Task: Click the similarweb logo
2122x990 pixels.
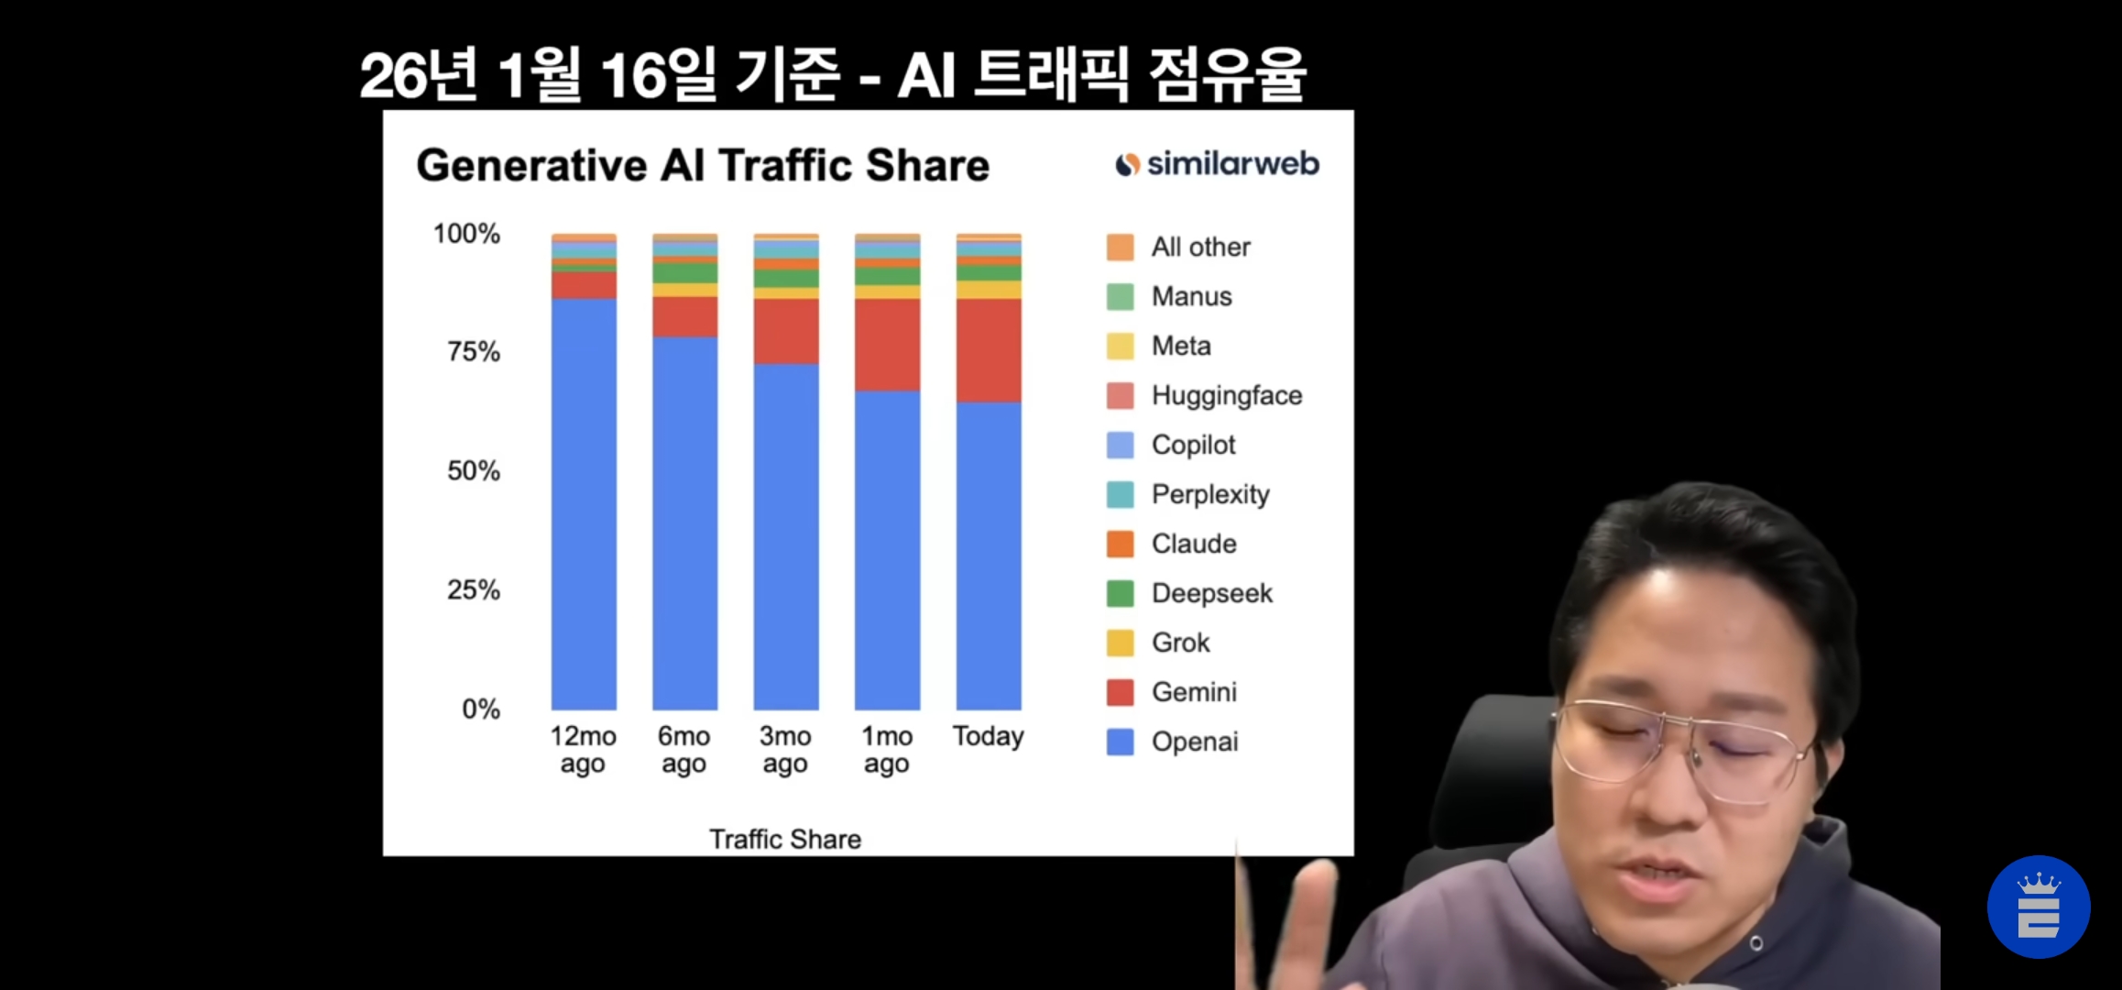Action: pos(1217,164)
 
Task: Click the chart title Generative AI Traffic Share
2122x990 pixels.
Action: pos(703,166)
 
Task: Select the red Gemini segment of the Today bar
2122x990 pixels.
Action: pos(989,350)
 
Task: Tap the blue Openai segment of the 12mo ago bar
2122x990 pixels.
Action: pos(584,504)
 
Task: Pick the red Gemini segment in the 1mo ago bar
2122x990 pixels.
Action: pos(887,345)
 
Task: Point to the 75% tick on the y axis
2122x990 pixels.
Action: pos(474,352)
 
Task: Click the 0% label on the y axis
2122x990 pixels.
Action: pos(481,709)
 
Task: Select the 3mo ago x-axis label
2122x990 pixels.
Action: pos(785,750)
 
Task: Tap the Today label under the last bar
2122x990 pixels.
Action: pos(989,736)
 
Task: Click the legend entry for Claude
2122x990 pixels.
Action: pos(1172,544)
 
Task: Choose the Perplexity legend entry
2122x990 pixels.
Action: pos(1188,494)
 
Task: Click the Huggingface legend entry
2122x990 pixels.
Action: pos(1205,395)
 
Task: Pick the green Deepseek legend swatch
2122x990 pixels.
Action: pos(1121,593)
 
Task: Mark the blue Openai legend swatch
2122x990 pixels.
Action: pos(1121,742)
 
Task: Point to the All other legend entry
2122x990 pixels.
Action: pos(1178,247)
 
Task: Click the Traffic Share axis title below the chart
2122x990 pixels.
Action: pos(785,839)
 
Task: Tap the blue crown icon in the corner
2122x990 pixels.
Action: pos(2039,907)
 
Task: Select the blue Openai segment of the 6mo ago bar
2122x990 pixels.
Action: pos(685,523)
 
